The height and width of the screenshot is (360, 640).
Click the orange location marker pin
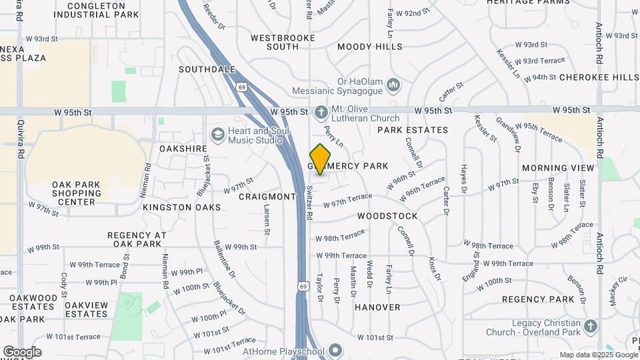pos(321,159)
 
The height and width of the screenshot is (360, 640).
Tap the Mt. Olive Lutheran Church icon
pos(321,111)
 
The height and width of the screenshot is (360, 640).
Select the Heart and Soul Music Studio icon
pos(217,135)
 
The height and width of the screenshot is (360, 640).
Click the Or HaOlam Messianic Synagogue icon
pos(393,85)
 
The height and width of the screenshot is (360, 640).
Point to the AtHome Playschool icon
pos(335,351)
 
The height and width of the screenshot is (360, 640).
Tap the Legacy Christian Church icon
pos(589,327)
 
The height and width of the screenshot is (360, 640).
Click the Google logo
pos(22,351)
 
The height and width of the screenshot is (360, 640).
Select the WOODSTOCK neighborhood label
pos(387,216)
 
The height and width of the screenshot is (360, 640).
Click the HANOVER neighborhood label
pos(377,307)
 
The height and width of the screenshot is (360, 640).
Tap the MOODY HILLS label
pos(370,47)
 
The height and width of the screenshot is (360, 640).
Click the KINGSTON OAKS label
pos(173,207)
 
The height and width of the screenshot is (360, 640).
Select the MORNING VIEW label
pos(558,168)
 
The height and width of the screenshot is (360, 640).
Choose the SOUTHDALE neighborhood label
pos(207,69)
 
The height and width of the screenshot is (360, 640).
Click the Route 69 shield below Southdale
pos(241,86)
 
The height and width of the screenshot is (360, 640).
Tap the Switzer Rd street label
pos(310,203)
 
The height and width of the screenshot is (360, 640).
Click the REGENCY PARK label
pos(538,299)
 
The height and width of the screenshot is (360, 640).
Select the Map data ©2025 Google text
pos(598,355)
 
